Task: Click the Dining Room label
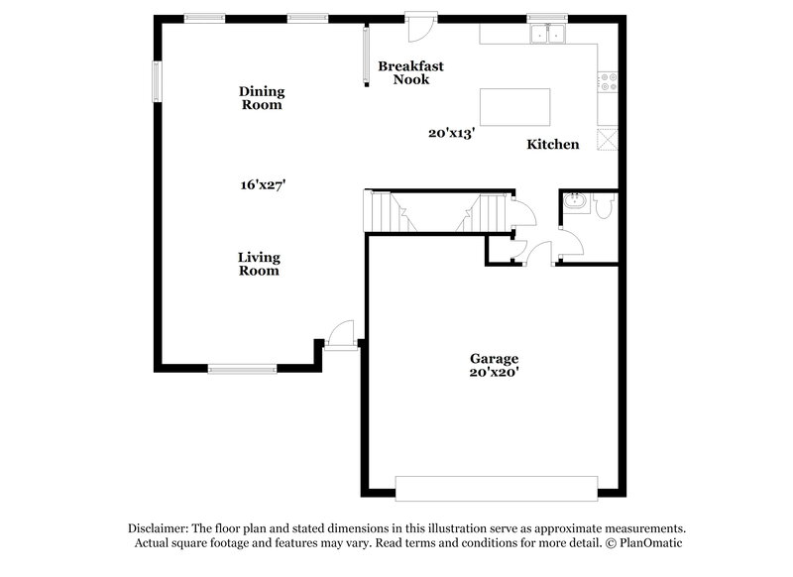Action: [x=262, y=98]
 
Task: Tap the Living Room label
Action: [x=259, y=264]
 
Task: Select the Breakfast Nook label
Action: [x=410, y=72]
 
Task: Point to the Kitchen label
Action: [x=552, y=145]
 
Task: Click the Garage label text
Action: [x=494, y=358]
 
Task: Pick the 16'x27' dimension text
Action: [x=262, y=184]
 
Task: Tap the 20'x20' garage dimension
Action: [x=494, y=373]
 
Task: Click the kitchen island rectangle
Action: [x=514, y=105]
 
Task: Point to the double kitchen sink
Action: [x=547, y=35]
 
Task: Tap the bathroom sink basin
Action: [x=574, y=203]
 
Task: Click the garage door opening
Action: [x=497, y=488]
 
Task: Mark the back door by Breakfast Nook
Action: [x=420, y=24]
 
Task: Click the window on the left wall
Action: [x=156, y=81]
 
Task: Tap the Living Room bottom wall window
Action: [x=242, y=370]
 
